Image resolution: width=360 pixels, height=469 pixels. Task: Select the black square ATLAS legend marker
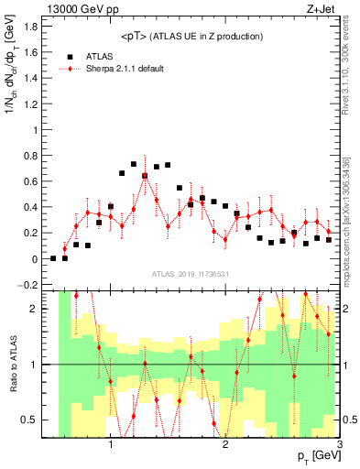(x=70, y=55)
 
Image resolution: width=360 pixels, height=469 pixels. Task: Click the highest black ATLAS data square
(x=134, y=164)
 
